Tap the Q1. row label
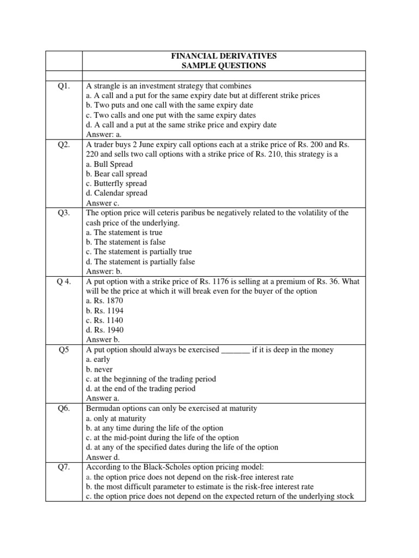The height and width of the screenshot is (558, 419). (64, 86)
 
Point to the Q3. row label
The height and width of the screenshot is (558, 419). (64, 213)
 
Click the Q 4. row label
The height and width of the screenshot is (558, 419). (64, 282)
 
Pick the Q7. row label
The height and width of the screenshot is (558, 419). (64, 467)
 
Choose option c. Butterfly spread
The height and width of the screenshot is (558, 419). (117, 184)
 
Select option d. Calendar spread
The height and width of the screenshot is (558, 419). (117, 193)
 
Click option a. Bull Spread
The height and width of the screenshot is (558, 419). (109, 164)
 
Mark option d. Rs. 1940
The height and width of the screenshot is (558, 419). (105, 330)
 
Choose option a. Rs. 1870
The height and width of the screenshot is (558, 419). (105, 301)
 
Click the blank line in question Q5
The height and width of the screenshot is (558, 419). (235, 350)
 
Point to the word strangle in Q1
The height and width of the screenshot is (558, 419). (106, 86)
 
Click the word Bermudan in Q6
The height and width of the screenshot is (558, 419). (103, 409)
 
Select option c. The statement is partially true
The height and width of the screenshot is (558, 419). (139, 252)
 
